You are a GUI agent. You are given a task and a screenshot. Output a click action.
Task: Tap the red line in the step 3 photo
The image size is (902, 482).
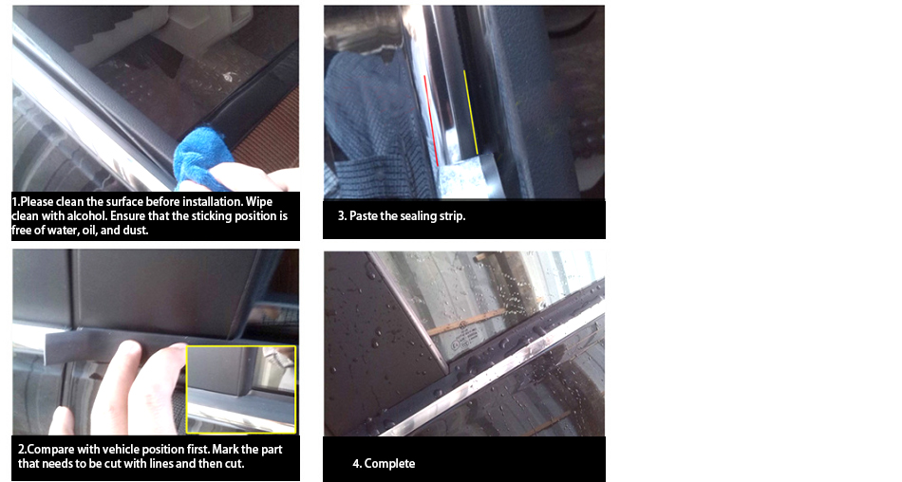[x=431, y=120]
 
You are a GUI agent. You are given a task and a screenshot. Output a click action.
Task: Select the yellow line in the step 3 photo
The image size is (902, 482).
[x=471, y=112]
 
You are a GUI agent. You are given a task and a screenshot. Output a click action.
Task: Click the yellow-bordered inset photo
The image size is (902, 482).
[x=241, y=389]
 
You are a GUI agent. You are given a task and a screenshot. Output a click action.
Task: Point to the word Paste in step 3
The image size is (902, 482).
[x=364, y=216]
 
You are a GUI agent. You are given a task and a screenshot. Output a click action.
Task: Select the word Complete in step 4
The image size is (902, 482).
[x=389, y=464]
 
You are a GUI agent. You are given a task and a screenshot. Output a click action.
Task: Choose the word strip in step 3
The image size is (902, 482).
[x=452, y=216]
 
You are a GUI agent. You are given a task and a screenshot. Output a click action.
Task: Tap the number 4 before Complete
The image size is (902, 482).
[x=356, y=464]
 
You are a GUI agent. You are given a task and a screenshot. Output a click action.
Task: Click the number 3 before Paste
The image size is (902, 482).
[x=342, y=216]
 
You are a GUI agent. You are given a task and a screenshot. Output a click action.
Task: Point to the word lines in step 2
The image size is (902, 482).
[x=180, y=464]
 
